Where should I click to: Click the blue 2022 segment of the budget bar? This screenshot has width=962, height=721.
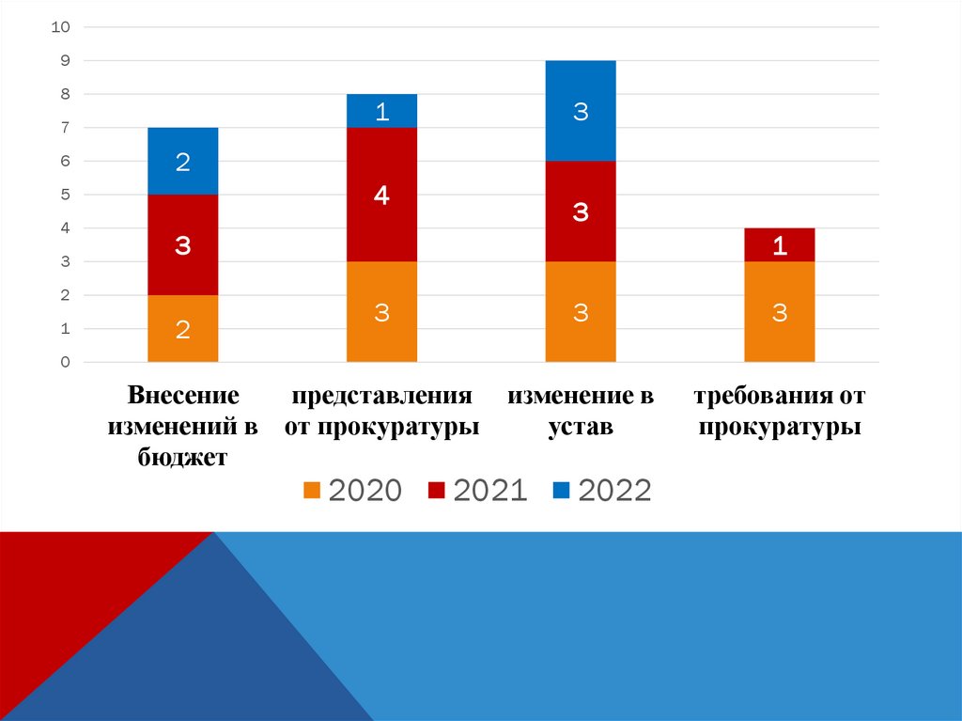click(x=183, y=161)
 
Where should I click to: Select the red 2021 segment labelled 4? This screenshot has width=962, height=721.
click(x=381, y=195)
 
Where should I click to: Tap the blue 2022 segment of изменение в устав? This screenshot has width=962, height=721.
click(x=581, y=111)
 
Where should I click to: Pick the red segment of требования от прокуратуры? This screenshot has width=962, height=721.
click(x=779, y=244)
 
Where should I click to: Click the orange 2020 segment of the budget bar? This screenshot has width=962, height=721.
click(x=183, y=328)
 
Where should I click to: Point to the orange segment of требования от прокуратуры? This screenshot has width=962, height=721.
click(x=779, y=312)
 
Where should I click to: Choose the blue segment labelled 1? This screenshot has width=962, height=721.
click(x=381, y=111)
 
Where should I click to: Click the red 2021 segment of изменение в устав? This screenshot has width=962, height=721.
click(x=581, y=212)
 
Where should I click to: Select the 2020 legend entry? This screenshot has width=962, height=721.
click(x=352, y=491)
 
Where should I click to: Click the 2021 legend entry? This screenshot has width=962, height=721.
click(x=477, y=491)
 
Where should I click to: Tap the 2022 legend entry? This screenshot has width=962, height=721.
click(x=602, y=491)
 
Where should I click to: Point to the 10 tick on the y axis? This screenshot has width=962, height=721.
click(x=61, y=27)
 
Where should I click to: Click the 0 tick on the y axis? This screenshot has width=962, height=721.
click(x=65, y=363)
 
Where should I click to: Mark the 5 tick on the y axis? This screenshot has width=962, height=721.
click(x=65, y=195)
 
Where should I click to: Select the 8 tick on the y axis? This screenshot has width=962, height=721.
click(x=65, y=94)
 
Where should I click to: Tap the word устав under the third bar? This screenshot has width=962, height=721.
click(x=581, y=428)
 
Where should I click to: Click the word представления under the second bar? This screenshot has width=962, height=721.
click(x=381, y=397)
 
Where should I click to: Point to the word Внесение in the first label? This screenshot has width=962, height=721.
click(x=183, y=397)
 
